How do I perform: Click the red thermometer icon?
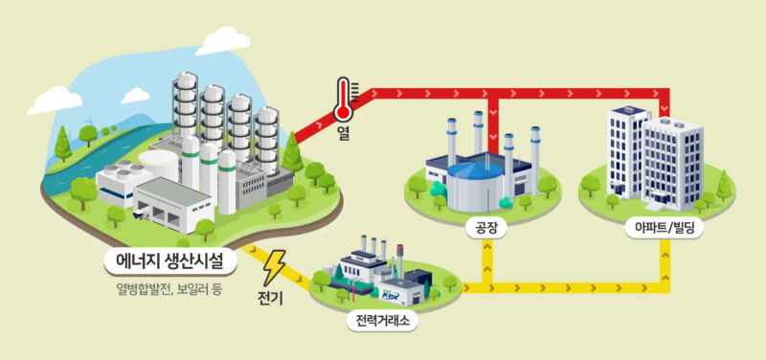[x=343, y=101]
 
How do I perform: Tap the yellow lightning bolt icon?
[x=275, y=263]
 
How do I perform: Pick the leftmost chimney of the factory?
[x=452, y=139]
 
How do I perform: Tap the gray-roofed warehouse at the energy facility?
[x=173, y=197]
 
